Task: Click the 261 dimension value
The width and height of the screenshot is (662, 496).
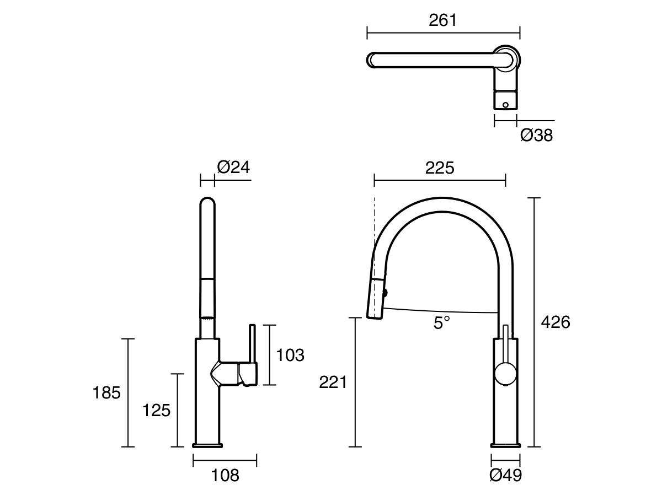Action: pos(443,20)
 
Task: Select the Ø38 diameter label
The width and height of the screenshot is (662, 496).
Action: pos(536,135)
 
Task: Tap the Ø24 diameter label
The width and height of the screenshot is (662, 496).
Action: pos(233,167)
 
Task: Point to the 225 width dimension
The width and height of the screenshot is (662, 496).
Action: pos(440,168)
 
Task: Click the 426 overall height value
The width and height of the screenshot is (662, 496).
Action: pos(555,322)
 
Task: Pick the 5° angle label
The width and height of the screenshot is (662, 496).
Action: pos(441,323)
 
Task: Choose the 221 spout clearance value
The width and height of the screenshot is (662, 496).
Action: pos(333,382)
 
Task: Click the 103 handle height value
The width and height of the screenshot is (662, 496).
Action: pos(290,355)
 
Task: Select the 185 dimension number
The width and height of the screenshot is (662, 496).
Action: pos(106,393)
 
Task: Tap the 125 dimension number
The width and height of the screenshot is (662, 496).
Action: pos(157,410)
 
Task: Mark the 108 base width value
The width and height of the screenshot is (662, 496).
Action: pos(225,475)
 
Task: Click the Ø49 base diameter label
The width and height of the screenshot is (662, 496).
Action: pos(505,475)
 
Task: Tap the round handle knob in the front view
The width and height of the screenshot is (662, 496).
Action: pos(505,374)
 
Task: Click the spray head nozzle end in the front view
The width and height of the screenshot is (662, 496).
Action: pos(374,316)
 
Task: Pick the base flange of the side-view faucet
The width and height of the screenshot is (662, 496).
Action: pos(207,445)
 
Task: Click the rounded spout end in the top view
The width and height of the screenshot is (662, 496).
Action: pos(372,60)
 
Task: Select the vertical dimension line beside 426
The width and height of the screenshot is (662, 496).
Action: pos(534,322)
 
